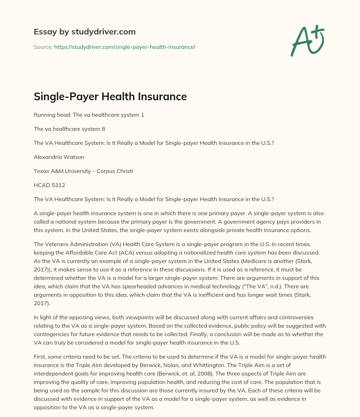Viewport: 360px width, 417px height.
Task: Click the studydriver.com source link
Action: (x=124, y=47)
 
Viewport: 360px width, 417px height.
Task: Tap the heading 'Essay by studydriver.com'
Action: (x=84, y=32)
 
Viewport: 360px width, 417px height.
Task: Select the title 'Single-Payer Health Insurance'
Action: (x=110, y=96)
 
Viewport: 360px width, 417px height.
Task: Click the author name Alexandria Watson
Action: (x=59, y=157)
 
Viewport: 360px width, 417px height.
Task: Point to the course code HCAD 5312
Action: (x=49, y=185)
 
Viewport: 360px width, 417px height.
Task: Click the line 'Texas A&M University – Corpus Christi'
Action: (x=83, y=171)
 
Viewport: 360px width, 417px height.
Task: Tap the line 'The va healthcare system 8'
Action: (x=69, y=129)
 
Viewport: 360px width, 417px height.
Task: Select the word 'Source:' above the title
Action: (x=43, y=47)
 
